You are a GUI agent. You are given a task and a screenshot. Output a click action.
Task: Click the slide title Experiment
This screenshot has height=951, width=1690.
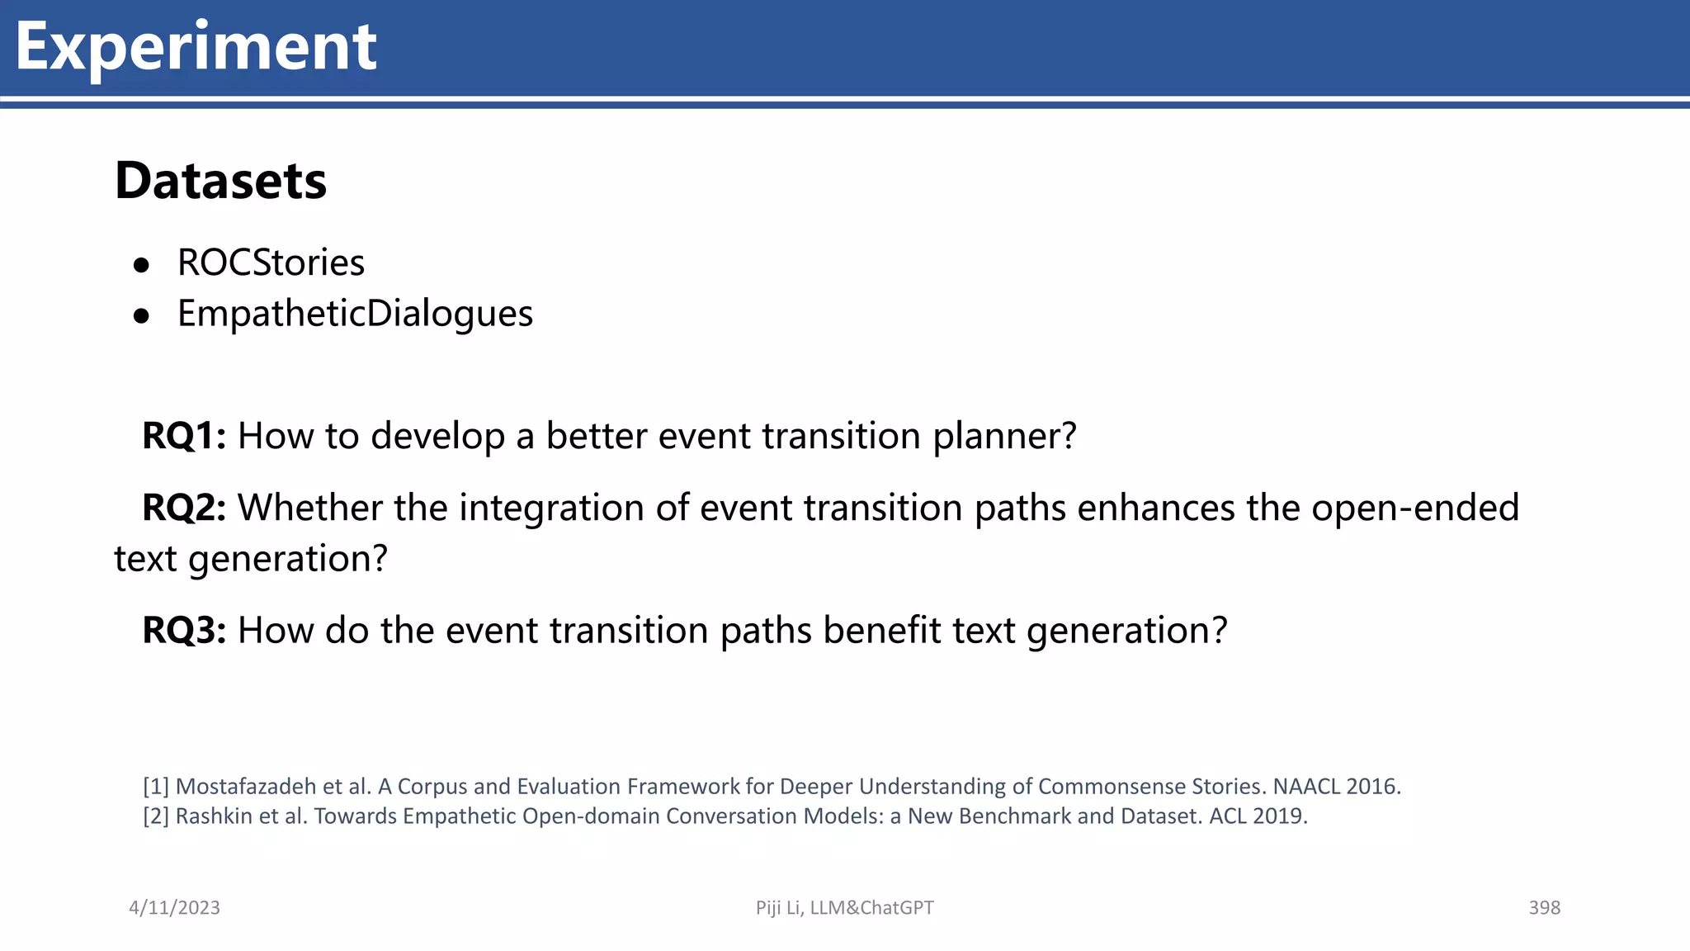(196, 47)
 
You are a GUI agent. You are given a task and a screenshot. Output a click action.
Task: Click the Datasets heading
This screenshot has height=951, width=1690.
(220, 181)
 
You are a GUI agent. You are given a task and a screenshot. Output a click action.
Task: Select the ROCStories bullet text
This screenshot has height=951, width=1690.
(271, 263)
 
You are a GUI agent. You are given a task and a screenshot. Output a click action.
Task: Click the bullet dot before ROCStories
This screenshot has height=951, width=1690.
(142, 265)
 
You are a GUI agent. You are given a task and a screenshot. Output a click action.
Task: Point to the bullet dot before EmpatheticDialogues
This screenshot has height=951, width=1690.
(142, 316)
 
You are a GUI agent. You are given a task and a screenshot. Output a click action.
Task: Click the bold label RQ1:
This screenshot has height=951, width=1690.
(183, 436)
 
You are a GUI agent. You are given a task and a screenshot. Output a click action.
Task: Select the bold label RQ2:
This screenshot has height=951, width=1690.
(183, 508)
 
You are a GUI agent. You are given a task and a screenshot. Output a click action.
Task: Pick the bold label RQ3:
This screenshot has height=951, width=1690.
(183, 631)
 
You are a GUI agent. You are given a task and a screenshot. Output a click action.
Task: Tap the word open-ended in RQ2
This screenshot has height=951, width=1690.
(1414, 508)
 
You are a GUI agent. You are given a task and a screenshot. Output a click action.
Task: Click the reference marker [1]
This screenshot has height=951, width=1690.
(155, 787)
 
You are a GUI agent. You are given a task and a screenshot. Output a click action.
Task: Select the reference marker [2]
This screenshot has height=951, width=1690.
(155, 816)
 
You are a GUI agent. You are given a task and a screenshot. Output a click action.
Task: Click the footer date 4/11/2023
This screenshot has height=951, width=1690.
(174, 908)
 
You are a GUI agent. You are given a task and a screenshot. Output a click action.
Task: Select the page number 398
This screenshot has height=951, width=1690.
(1544, 908)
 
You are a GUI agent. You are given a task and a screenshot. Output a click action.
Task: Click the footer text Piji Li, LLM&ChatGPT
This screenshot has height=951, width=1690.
(844, 908)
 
